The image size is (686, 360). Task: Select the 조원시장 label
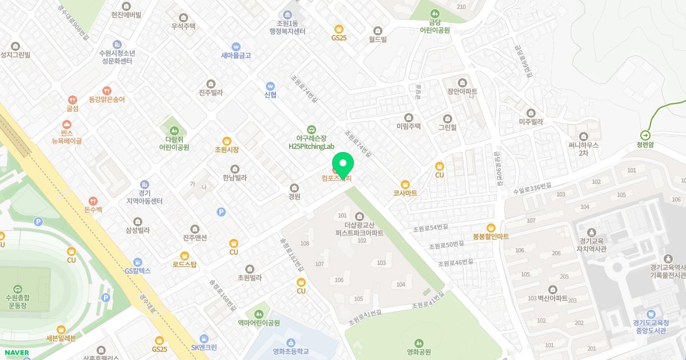[226, 150]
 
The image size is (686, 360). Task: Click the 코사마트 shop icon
[405, 184]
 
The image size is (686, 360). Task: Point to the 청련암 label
[645, 145]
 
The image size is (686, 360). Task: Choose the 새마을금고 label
[236, 55]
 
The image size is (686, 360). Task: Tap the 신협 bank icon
[270, 86]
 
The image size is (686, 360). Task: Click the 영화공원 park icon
[418, 343]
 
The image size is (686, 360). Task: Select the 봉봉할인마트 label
[490, 237]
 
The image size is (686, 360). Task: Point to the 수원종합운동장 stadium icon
[17, 289]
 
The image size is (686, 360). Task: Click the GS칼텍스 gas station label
[138, 271]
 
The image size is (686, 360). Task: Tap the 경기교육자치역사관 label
[592, 245]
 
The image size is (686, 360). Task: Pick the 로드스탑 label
[184, 265]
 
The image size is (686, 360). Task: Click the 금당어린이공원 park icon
[435, 13]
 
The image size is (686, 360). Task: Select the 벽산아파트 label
[552, 298]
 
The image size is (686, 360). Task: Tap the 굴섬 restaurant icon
[71, 99]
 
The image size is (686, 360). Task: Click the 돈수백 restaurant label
[93, 210]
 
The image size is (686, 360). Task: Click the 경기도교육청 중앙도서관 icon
[651, 314]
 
